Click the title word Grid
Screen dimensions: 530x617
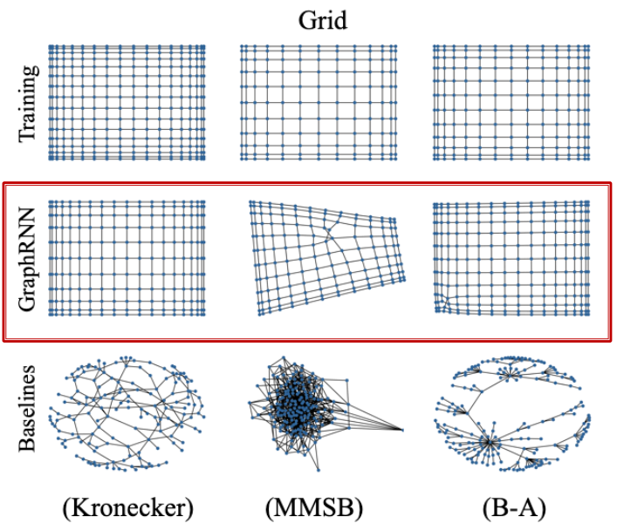[x=322, y=19]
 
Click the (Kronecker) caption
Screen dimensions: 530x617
[x=127, y=507]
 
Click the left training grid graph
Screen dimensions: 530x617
[x=127, y=102]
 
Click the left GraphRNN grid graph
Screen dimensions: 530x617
[x=127, y=258]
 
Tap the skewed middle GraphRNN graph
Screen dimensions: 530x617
[x=327, y=258]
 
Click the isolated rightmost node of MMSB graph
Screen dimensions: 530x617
[x=403, y=429]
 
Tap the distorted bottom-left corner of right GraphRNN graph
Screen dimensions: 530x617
[x=442, y=302]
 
